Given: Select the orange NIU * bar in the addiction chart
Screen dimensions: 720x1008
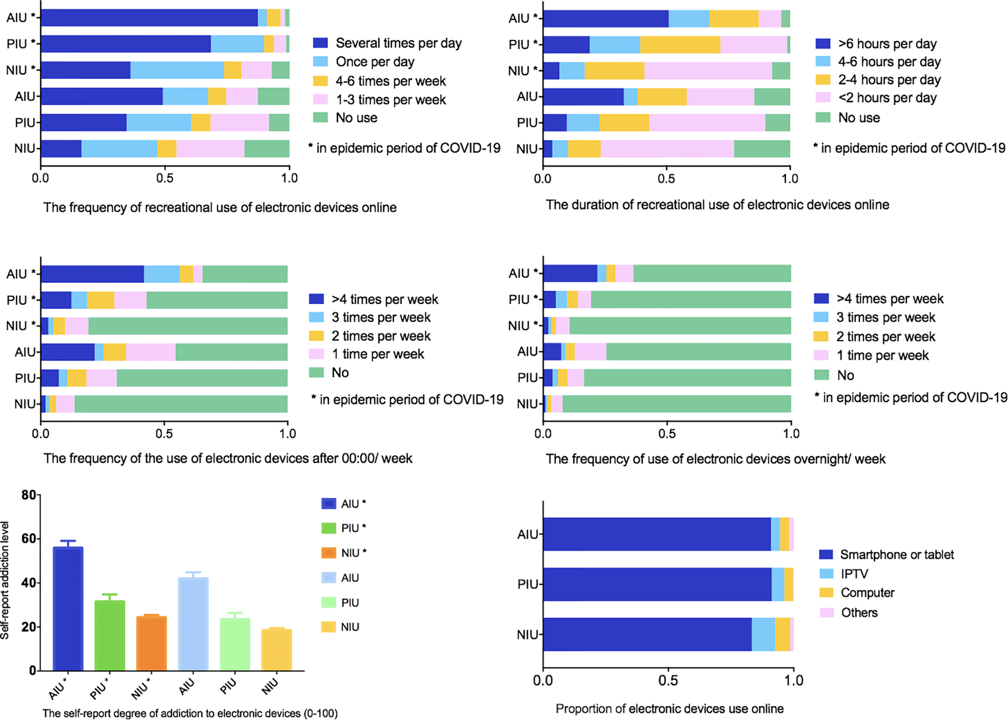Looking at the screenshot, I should click(x=151, y=643).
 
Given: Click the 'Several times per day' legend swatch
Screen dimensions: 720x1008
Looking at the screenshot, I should click(x=320, y=43).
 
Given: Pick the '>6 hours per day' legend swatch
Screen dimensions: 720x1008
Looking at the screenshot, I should click(x=823, y=44).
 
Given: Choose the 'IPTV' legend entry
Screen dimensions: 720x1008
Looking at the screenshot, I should click(x=854, y=574).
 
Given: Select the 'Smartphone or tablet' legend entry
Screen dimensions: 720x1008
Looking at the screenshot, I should click(x=896, y=555).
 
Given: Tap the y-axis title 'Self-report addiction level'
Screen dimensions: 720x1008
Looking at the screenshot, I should click(x=5, y=581).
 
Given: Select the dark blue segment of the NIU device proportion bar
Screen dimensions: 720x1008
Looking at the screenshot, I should click(x=647, y=635).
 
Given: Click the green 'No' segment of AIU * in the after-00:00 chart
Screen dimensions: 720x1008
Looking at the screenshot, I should click(x=245, y=274).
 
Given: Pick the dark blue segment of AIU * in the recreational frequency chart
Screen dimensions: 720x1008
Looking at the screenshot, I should click(x=149, y=18).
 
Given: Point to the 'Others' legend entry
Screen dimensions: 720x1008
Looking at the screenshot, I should click(x=859, y=613).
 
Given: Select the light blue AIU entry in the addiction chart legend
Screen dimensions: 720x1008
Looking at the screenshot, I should click(x=350, y=578).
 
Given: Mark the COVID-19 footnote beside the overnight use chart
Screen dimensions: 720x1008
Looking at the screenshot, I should click(x=911, y=397).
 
